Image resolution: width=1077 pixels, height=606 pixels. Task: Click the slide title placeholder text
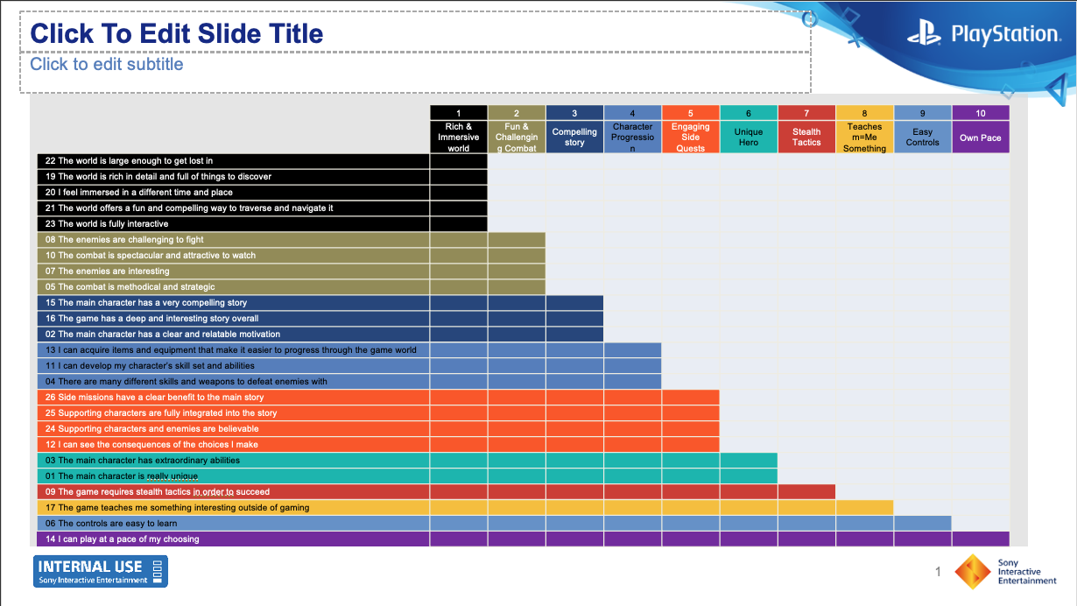(x=177, y=34)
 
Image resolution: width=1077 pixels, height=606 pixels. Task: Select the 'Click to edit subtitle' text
(x=107, y=64)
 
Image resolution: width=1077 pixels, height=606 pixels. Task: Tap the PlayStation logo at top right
(x=982, y=35)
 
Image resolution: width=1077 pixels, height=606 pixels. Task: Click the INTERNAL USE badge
(x=101, y=571)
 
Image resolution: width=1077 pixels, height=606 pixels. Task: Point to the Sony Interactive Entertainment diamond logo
(x=973, y=572)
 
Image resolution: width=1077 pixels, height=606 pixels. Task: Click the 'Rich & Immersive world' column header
(x=459, y=137)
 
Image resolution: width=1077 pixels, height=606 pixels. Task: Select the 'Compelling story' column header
(x=574, y=137)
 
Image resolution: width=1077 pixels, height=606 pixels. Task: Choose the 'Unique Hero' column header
(x=749, y=137)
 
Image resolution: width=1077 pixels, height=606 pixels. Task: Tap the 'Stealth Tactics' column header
(x=806, y=137)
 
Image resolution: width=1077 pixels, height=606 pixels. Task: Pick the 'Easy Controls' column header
(x=923, y=137)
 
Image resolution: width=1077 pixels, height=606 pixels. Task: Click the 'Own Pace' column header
(x=981, y=137)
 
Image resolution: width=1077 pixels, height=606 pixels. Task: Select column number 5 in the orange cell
(x=691, y=113)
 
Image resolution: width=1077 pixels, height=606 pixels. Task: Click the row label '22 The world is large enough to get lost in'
(x=129, y=161)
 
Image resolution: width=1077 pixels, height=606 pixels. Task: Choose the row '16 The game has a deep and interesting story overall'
(x=151, y=319)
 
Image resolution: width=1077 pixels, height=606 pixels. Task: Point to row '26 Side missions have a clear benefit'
(x=154, y=398)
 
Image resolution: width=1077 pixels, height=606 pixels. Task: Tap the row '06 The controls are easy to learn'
(x=111, y=524)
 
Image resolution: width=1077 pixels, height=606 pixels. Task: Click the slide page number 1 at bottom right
(x=938, y=572)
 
